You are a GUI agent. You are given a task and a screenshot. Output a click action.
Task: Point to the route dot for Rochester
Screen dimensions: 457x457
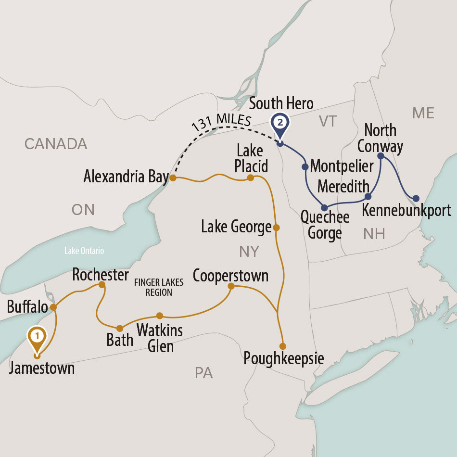pyautogui.click(x=102, y=285)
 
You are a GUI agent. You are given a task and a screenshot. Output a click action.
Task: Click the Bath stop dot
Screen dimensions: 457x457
pyautogui.click(x=120, y=328)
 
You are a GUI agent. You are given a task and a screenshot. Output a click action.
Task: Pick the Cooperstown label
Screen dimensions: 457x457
pyautogui.click(x=230, y=276)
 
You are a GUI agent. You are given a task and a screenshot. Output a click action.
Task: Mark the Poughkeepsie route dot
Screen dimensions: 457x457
pyautogui.click(x=283, y=346)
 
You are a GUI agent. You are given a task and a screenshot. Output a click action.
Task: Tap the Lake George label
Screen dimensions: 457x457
pyautogui.click(x=236, y=227)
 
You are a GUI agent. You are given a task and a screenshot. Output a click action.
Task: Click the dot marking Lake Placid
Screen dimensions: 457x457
pyautogui.click(x=250, y=178)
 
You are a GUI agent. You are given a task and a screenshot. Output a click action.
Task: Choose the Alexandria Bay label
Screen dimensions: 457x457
pyautogui.click(x=126, y=177)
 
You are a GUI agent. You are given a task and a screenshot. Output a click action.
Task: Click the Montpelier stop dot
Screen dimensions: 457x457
pyautogui.click(x=305, y=167)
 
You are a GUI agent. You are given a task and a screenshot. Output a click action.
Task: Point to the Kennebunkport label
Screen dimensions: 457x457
pyautogui.click(x=406, y=211)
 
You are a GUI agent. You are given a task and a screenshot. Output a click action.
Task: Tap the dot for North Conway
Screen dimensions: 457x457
pyautogui.click(x=381, y=156)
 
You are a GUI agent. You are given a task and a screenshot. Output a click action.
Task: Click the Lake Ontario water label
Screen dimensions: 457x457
pyautogui.click(x=85, y=251)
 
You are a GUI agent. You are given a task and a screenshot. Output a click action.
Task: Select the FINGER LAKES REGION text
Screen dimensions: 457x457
pyautogui.click(x=158, y=288)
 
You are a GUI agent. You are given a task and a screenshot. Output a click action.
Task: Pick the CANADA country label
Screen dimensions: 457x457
pyautogui.click(x=56, y=143)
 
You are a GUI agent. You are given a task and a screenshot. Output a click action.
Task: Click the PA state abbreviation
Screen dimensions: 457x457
pyautogui.click(x=204, y=373)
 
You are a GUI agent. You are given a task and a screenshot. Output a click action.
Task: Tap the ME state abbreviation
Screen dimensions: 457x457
pyautogui.click(x=423, y=113)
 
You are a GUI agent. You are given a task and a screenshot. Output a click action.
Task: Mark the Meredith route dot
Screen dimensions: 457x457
pyautogui.click(x=368, y=196)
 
